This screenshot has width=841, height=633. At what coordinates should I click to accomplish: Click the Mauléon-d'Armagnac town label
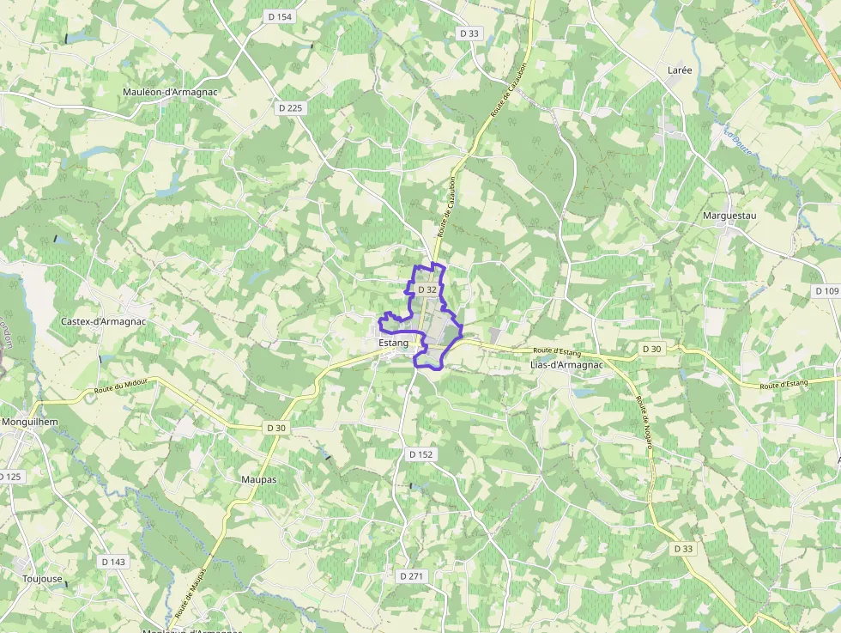(x=170, y=92)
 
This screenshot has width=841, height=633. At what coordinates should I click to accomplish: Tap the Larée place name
(x=680, y=70)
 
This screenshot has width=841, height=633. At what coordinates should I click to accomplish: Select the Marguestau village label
(x=729, y=216)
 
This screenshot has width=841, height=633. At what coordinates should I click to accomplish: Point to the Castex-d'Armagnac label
(x=103, y=321)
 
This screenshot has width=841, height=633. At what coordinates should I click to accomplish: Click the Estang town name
(x=393, y=343)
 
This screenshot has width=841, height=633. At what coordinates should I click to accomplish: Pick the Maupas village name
(x=259, y=479)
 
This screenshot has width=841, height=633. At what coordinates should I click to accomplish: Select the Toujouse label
(x=43, y=579)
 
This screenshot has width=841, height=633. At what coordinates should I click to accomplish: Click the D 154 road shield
(x=280, y=16)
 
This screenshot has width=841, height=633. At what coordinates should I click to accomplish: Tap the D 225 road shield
(x=291, y=107)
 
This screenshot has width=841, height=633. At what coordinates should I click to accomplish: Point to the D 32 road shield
(x=427, y=290)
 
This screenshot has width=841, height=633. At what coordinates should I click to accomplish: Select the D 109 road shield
(x=826, y=291)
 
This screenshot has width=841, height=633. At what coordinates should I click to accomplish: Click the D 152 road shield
(x=420, y=453)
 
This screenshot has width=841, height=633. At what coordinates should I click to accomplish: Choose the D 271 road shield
(x=412, y=575)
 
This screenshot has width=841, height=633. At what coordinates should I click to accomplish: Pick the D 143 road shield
(x=113, y=562)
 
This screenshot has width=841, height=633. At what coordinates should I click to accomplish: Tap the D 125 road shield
(x=9, y=476)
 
